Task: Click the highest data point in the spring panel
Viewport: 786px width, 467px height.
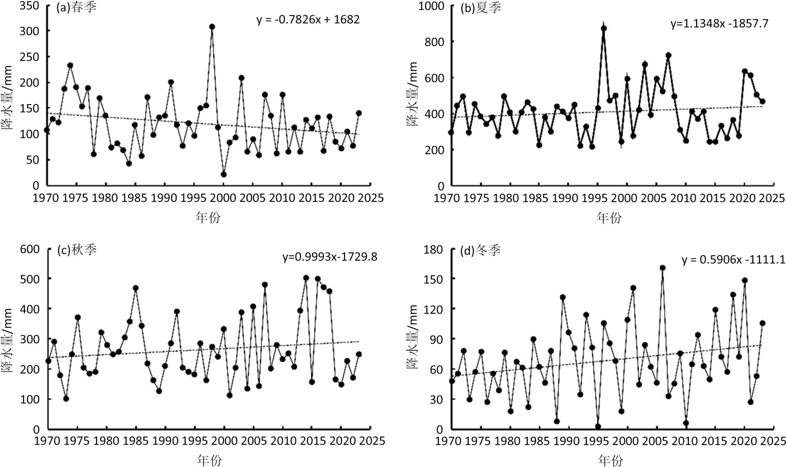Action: pos(212,27)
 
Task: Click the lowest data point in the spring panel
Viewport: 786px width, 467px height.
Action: pos(224,174)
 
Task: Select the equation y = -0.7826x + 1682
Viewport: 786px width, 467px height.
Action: pos(308,20)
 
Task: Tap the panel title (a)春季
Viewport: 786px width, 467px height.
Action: pos(76,7)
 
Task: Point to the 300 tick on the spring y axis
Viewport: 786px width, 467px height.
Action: pos(30,31)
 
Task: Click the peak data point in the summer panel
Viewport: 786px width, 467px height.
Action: pos(604,28)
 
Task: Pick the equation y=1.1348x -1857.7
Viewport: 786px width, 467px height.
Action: pos(719,24)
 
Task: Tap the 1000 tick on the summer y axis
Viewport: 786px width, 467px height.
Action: pos(431,6)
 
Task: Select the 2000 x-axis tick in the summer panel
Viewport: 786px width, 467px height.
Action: pos(625,198)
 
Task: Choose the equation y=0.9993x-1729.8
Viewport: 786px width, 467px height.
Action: pos(329,257)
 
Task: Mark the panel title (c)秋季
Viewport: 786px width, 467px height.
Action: pos(77,250)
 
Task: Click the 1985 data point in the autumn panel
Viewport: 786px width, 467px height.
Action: pos(136,288)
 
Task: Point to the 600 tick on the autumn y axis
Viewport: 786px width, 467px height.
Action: pos(30,249)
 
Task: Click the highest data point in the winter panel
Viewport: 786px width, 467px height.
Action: pos(663,268)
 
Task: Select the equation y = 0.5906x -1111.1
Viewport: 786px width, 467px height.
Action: pos(733,260)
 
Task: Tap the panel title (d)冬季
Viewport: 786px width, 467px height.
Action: pos(480,250)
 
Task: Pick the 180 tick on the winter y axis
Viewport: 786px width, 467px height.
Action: pos(433,250)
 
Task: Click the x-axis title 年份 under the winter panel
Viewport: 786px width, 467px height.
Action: pos(610,460)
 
